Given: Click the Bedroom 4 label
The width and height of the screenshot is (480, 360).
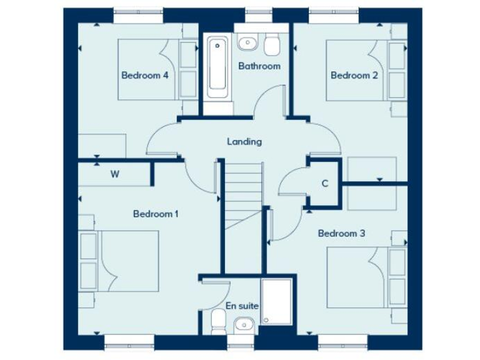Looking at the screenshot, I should coord(144,76).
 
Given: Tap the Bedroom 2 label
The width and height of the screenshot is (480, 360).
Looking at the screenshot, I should coord(354,76).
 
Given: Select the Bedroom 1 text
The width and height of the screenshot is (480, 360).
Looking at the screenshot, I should coord(156,214).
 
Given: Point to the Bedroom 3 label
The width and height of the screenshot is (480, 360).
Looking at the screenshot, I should coord(341,234).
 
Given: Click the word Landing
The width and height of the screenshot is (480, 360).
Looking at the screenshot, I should coord(244,142).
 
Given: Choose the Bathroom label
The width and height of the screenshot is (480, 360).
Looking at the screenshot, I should coord(259,66).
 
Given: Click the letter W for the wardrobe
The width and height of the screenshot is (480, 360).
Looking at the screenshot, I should coord(115,174).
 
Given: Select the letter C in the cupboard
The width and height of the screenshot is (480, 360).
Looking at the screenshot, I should coord(325,184).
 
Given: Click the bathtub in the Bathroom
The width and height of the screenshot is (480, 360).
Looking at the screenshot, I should coord(217,72).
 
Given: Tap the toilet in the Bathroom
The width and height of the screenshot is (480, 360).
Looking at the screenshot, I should coord(272,44).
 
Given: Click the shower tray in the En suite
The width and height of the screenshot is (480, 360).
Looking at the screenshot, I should coord(276,302).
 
